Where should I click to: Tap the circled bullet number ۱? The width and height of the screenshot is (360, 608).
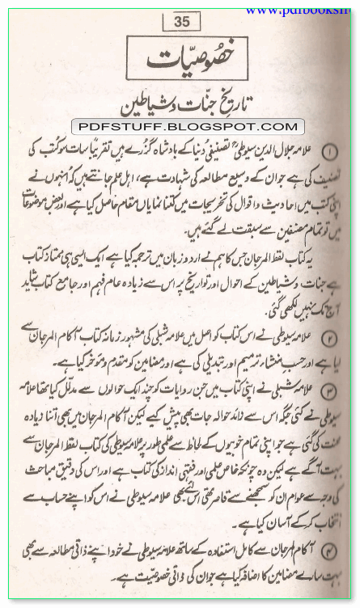[x=332, y=152]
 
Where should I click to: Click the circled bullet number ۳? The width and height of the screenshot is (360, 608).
[x=332, y=390]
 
